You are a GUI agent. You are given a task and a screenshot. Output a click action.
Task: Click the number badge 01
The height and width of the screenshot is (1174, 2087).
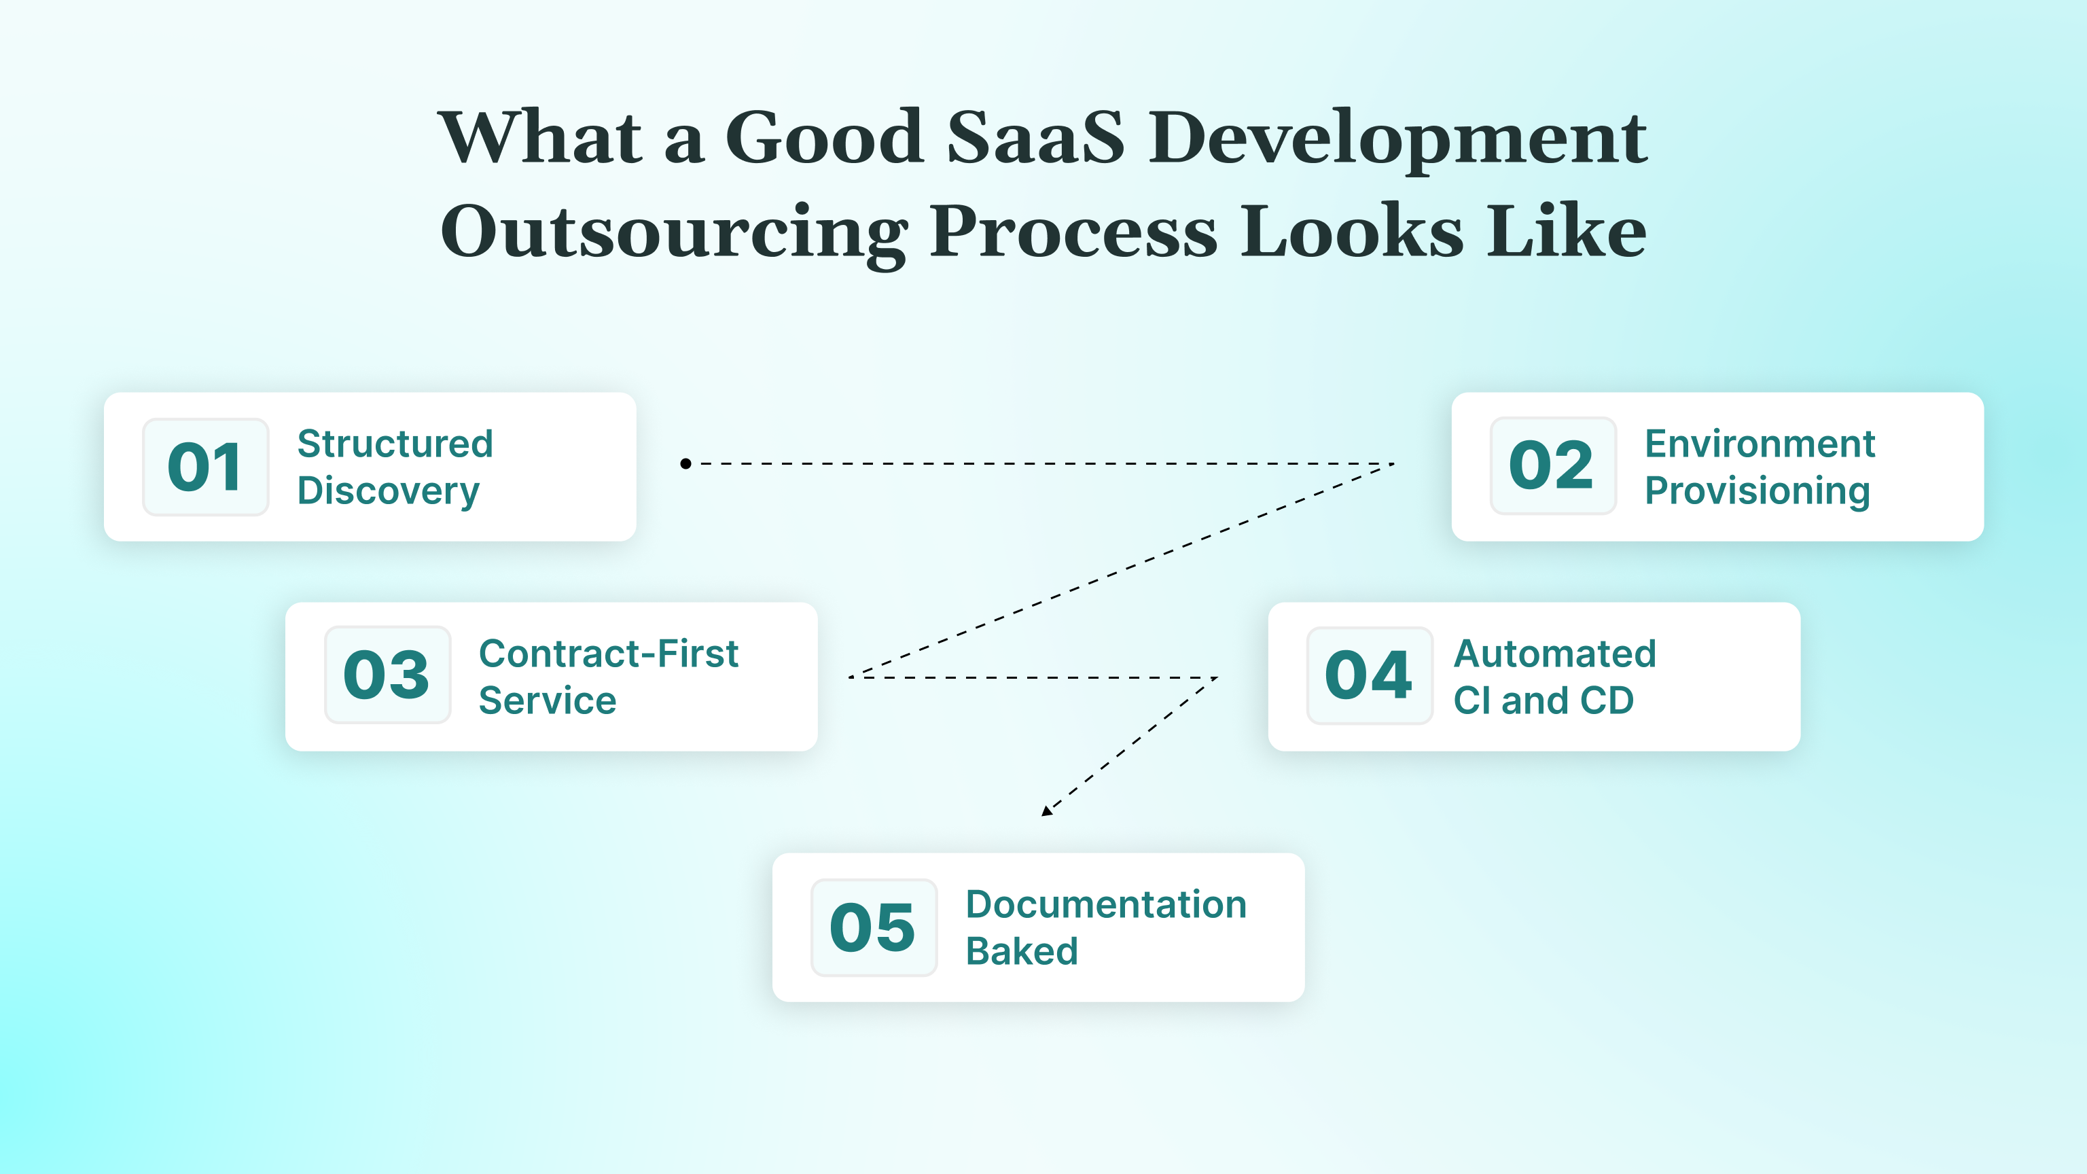pyautogui.click(x=205, y=467)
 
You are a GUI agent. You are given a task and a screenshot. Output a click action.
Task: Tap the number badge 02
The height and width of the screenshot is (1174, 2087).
pyautogui.click(x=1552, y=466)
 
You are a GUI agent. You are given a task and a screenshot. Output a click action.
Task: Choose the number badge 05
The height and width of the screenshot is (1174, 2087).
pyautogui.click(x=874, y=927)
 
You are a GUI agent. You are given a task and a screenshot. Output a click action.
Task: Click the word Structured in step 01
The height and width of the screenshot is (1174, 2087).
pyautogui.click(x=395, y=444)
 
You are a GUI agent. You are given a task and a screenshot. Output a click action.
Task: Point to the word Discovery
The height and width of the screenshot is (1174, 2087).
pyautogui.click(x=388, y=491)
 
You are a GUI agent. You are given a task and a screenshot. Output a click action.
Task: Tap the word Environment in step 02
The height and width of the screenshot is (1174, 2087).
pyautogui.click(x=1760, y=444)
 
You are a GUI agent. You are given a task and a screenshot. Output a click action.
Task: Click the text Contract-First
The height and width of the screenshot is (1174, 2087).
pyautogui.click(x=609, y=653)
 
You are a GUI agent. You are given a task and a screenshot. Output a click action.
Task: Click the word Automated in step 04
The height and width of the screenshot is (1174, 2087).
pyautogui.click(x=1554, y=653)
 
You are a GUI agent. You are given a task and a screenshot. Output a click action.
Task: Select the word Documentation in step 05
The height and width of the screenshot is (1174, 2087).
pyautogui.click(x=1106, y=904)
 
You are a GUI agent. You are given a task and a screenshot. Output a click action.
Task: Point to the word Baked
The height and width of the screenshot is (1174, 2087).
pyautogui.click(x=1022, y=951)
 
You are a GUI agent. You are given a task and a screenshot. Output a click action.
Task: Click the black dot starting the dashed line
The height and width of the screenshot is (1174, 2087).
pyautogui.click(x=685, y=463)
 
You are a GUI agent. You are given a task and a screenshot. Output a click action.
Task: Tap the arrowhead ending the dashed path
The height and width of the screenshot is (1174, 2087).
pyautogui.click(x=1046, y=811)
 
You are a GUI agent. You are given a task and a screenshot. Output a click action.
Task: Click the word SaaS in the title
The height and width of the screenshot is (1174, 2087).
pyautogui.click(x=1035, y=138)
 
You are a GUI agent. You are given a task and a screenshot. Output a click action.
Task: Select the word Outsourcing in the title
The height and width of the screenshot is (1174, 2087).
pyautogui.click(x=673, y=232)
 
